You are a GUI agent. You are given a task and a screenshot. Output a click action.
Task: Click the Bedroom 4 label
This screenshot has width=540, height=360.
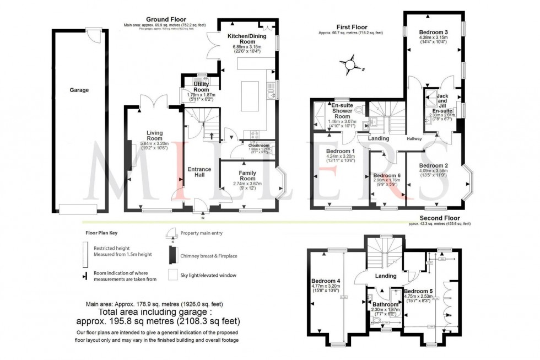point(325,280)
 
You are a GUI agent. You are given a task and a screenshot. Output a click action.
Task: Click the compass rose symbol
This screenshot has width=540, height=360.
point(349,66)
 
